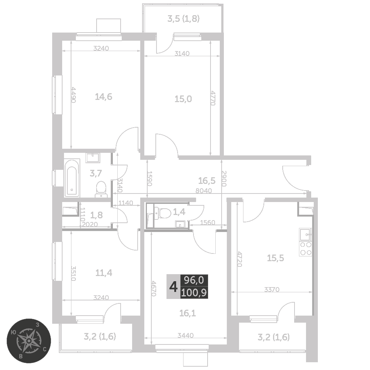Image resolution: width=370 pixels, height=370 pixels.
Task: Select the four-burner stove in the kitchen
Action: (306, 249)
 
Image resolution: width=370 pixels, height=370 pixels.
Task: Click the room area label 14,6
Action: (103, 97)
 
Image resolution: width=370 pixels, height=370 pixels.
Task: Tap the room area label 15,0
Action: (183, 99)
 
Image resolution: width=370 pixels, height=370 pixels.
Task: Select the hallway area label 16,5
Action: (207, 181)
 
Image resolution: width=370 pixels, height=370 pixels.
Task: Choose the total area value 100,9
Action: (194, 293)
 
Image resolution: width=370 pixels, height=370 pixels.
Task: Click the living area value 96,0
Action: (194, 280)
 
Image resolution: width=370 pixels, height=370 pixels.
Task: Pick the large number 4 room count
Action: (174, 287)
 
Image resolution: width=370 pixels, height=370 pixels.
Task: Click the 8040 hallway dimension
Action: (203, 191)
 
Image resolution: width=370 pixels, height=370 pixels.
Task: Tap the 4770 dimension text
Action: (213, 98)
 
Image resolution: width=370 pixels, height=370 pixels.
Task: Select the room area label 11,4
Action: (104, 273)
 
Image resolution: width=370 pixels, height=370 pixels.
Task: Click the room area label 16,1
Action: (188, 313)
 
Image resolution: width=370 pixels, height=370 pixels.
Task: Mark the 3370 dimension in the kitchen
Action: (272, 289)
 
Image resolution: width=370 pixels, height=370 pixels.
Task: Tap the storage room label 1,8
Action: (97, 215)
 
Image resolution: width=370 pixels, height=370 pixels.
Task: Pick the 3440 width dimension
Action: (186, 335)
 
